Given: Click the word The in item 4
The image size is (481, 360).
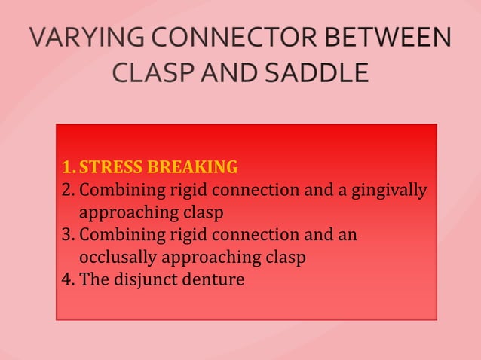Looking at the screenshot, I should click(93, 280).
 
